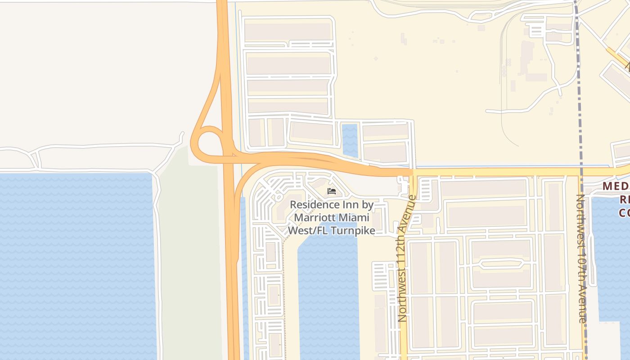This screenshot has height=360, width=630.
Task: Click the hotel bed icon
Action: tap(332, 191)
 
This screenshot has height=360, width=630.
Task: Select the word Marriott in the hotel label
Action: tap(313, 218)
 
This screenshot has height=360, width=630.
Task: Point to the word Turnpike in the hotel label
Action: tap(353, 230)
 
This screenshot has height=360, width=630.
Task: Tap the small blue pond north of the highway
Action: tap(350, 140)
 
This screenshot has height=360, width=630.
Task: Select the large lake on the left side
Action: tap(76, 265)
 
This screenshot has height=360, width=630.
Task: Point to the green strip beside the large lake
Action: tap(189, 261)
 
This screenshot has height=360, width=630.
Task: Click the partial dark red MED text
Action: tap(616, 186)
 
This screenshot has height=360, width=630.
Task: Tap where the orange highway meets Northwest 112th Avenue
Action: tap(412, 172)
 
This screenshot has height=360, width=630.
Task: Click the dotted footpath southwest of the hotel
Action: tap(284, 288)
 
